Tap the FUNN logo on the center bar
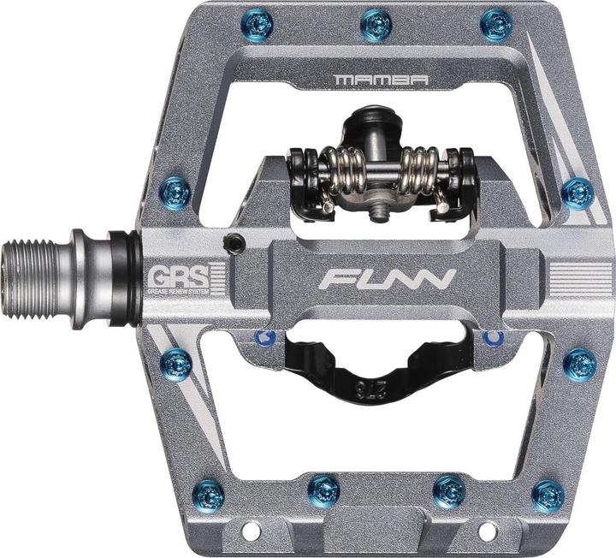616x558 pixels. tap(388, 279)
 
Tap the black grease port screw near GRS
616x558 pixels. tap(231, 243)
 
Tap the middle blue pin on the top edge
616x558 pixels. tap(376, 24)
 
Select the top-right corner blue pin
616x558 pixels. tap(496, 24)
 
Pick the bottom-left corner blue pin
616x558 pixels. tap(209, 496)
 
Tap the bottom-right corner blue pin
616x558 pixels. tap(548, 496)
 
